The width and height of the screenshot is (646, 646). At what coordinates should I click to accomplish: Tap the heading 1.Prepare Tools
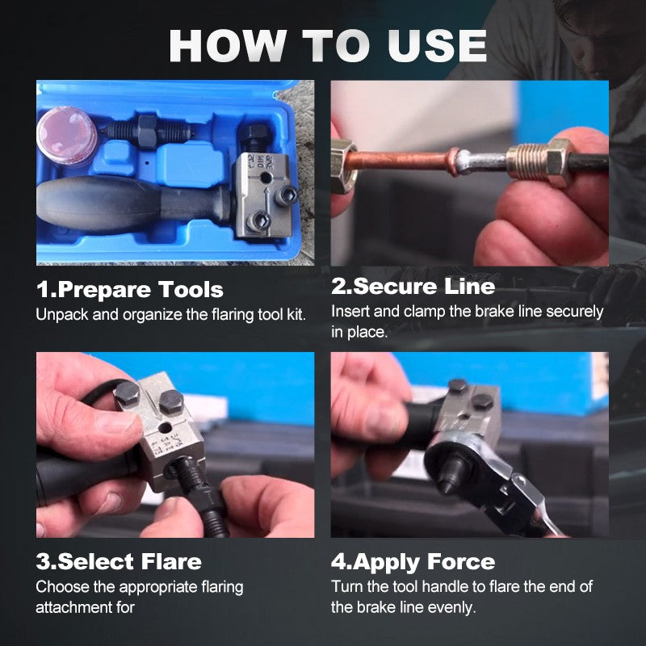pyautogui.click(x=130, y=288)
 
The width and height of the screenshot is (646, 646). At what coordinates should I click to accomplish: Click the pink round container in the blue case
pyautogui.click(x=66, y=136)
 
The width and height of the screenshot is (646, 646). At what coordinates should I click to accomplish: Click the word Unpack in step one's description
pyautogui.click(x=61, y=314)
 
